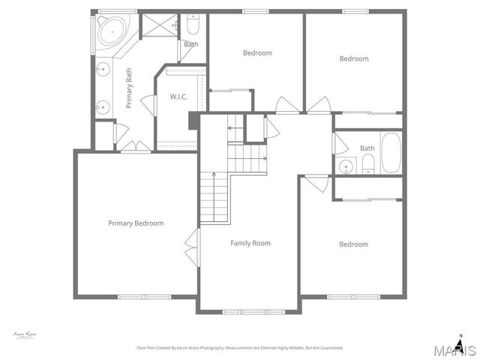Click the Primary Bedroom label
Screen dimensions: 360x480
(x=136, y=223)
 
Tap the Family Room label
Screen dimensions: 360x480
(x=250, y=243)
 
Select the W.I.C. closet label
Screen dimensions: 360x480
(x=178, y=97)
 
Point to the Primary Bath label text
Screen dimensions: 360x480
(x=129, y=88)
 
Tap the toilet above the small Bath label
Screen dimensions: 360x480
(x=192, y=26)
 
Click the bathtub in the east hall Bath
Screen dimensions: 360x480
(x=391, y=152)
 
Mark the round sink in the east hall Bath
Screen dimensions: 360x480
(x=346, y=166)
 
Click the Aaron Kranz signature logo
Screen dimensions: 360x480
(x=25, y=334)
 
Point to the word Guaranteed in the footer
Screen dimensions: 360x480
(x=328, y=348)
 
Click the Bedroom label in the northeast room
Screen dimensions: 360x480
(x=354, y=58)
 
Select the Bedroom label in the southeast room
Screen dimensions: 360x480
(x=353, y=244)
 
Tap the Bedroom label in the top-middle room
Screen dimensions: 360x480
(x=257, y=52)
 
